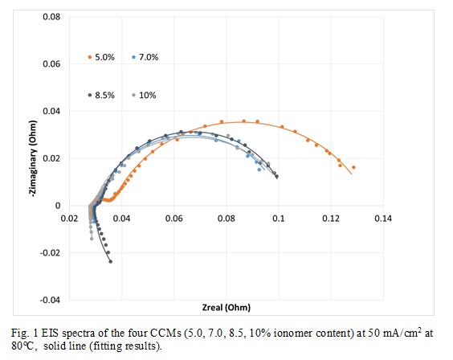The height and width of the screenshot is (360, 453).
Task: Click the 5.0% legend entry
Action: pos(103,57)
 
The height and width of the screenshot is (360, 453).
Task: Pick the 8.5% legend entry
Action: pos(103,95)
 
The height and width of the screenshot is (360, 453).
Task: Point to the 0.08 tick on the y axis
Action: pos(51,16)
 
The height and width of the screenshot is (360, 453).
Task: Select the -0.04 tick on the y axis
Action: pos(50,300)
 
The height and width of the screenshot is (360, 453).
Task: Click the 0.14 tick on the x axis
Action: pos(383,218)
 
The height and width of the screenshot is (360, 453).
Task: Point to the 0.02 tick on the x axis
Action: pos(70,218)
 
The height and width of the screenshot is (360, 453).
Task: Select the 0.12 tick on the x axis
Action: pos(331,218)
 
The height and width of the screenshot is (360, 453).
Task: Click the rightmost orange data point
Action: pos(353,168)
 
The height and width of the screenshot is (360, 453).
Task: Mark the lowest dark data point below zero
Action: pos(110,261)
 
